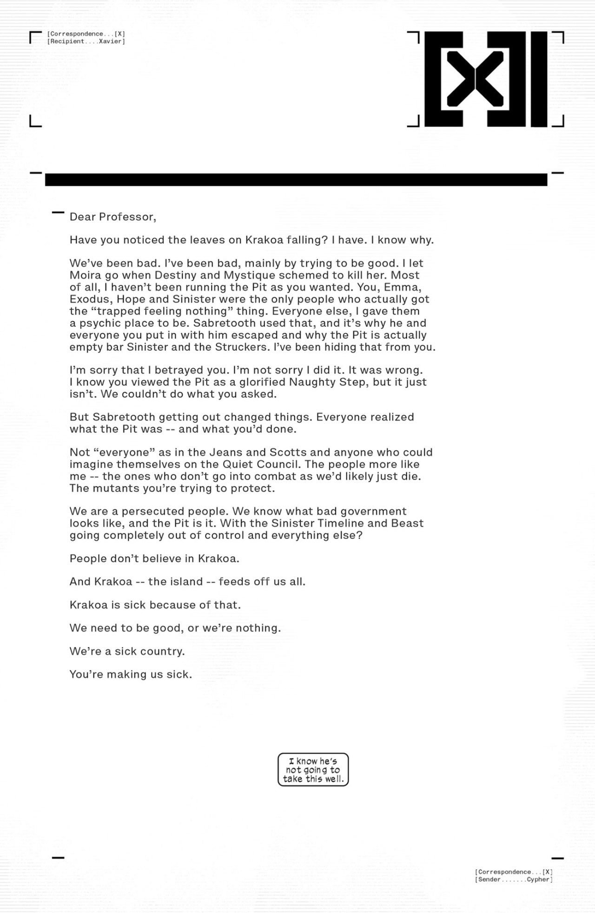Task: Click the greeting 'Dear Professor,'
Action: pyautogui.click(x=113, y=217)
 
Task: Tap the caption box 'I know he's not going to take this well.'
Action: pyautogui.click(x=313, y=770)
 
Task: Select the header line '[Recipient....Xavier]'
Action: pyautogui.click(x=86, y=41)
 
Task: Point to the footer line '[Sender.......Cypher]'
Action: pyautogui.click(x=514, y=880)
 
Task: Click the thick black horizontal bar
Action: pyautogui.click(x=296, y=180)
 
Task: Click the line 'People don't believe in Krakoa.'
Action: pyautogui.click(x=154, y=559)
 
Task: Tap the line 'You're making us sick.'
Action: pyautogui.click(x=131, y=675)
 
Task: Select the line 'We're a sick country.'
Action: pyautogui.click(x=127, y=651)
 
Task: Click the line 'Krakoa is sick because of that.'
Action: pyautogui.click(x=155, y=605)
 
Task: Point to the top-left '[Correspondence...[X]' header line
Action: pyautogui.click(x=86, y=34)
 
